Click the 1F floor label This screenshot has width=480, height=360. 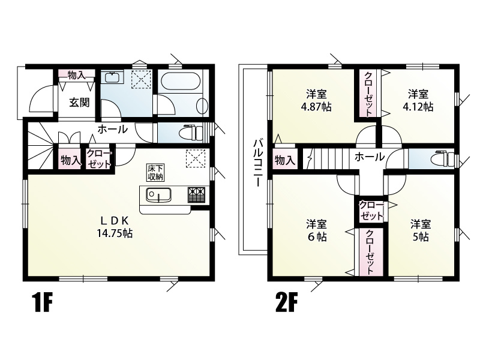coord(42,302)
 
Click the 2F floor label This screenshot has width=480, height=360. coord(287,302)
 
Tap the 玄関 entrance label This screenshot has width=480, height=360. coord(79,103)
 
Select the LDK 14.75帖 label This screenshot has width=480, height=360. coord(115,227)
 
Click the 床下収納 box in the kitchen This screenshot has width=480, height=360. coord(155,172)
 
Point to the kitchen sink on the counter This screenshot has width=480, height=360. coord(158,194)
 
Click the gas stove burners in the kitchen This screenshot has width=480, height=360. coord(196,195)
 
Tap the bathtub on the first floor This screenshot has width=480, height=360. coord(179,80)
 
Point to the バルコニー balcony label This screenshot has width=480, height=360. coord(257,163)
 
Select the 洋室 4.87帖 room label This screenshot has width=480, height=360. coord(317,100)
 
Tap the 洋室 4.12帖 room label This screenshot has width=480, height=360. coord(418,100)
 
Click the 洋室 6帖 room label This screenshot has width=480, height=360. coord(317,230)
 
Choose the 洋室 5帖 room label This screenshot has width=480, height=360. coord(421,230)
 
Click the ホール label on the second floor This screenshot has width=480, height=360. coord(370,157)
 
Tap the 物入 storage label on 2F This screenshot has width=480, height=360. coord(284,160)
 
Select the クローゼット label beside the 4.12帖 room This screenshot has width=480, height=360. coord(368,93)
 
